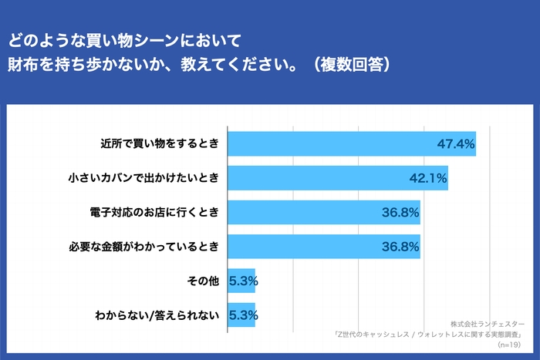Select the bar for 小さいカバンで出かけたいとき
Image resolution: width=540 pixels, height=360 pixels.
click(x=324, y=178)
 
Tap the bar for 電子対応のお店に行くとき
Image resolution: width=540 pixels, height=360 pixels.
click(x=309, y=212)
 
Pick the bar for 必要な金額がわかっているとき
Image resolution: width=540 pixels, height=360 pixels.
click(x=309, y=247)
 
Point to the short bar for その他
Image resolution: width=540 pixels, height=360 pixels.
click(x=231, y=281)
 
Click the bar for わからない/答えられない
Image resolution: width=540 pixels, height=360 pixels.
click(x=231, y=315)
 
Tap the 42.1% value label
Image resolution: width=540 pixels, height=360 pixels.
click(x=428, y=178)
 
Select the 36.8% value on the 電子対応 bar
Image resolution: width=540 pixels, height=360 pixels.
click(x=400, y=212)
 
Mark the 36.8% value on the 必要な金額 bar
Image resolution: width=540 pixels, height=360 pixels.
click(x=400, y=247)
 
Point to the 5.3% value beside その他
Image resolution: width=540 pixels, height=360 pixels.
click(x=243, y=281)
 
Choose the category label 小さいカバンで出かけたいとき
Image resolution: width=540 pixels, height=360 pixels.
click(x=144, y=178)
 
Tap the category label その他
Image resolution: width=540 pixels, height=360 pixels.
click(x=204, y=281)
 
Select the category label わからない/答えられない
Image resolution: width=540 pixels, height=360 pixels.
click(x=157, y=315)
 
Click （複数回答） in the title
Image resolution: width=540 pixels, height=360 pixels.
click(x=350, y=63)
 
